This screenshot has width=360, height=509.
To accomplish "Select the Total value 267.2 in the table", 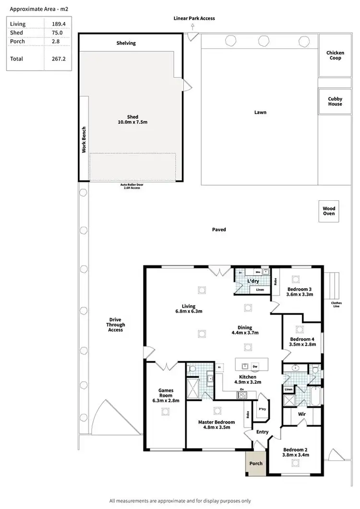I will [58, 59].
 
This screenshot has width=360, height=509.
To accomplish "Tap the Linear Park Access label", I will [194, 18].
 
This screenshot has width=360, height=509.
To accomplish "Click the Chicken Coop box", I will [335, 56].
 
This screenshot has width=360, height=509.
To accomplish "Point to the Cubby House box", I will [335, 101].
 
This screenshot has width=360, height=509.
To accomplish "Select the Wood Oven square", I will [329, 211].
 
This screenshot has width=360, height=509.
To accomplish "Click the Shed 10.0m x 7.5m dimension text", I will [132, 122].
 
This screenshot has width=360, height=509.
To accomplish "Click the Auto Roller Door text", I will [132, 185].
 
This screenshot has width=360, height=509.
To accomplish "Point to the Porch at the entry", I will [256, 463].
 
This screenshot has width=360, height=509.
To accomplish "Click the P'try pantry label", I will [262, 409].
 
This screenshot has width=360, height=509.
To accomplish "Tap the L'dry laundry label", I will [252, 281].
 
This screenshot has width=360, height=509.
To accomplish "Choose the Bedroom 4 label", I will [302, 339].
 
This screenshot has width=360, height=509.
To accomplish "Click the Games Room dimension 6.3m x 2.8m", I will [166, 400].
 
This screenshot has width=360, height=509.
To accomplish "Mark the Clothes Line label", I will [336, 305].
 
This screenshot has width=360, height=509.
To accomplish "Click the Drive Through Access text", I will [116, 325].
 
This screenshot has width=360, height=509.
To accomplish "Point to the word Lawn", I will [260, 112].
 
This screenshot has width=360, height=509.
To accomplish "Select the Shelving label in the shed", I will [126, 43].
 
